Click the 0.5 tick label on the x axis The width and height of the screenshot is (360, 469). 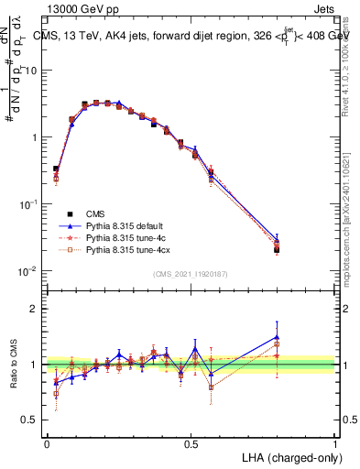(191, 443)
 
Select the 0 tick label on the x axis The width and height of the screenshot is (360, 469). (47, 443)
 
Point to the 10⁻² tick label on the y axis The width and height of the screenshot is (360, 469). (29, 270)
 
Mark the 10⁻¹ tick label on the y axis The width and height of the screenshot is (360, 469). (29, 203)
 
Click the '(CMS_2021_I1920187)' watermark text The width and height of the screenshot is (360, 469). (191, 274)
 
